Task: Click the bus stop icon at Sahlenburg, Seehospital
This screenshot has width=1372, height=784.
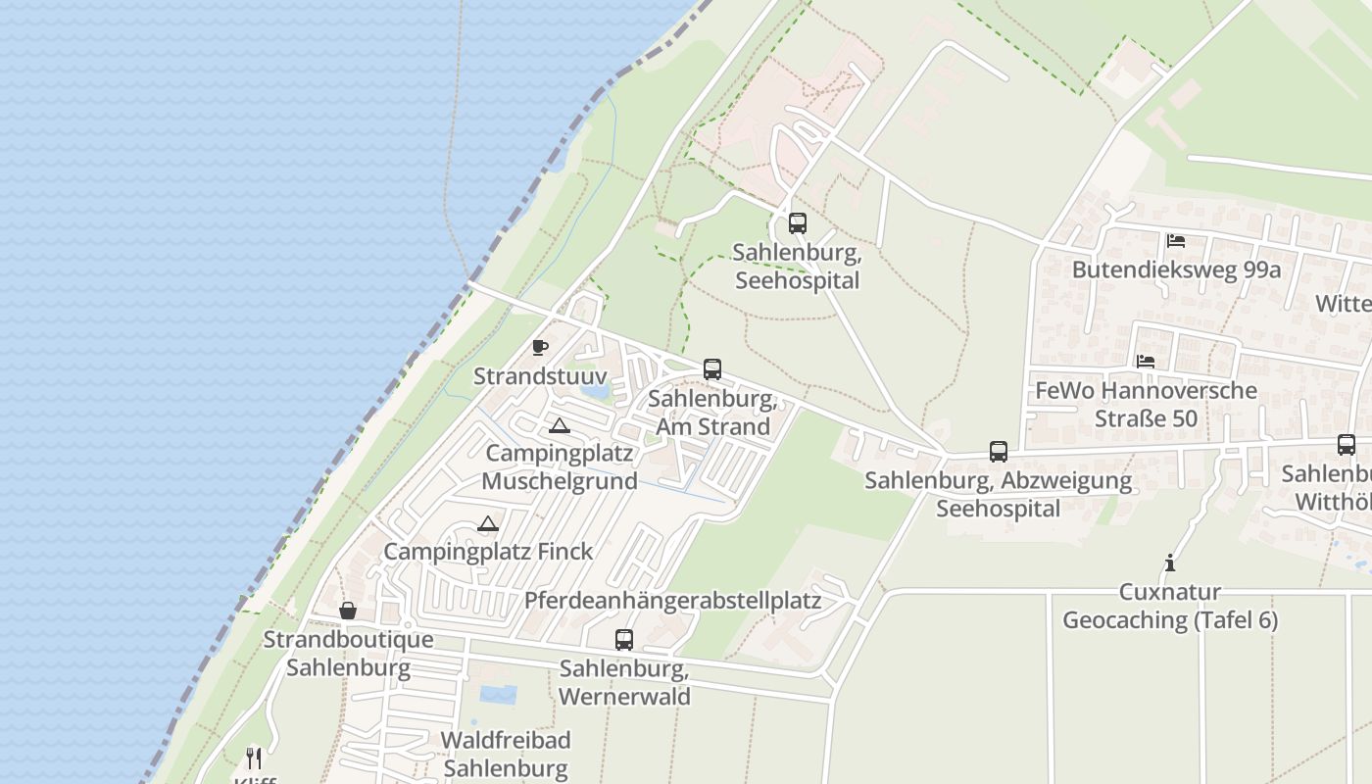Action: (798, 222)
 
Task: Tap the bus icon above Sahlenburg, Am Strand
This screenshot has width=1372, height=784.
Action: (712, 369)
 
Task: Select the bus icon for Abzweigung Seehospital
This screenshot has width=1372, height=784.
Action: (999, 452)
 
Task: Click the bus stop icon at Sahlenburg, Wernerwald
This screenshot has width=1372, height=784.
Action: (624, 640)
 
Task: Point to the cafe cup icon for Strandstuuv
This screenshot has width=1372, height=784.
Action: (539, 347)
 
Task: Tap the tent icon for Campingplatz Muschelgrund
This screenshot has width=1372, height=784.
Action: (559, 425)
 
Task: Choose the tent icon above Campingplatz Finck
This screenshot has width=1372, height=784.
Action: (488, 523)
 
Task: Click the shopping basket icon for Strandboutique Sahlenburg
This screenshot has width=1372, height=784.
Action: (348, 611)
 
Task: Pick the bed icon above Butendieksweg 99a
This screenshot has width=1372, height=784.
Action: (1176, 240)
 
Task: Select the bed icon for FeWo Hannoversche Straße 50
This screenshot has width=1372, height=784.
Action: (1145, 362)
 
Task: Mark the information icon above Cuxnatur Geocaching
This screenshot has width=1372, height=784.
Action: (1169, 563)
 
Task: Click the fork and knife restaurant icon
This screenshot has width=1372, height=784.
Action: (254, 758)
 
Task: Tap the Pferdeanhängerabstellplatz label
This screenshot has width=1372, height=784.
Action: (672, 600)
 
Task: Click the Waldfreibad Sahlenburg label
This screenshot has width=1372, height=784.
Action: (506, 754)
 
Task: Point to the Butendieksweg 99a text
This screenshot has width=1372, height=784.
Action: (1176, 269)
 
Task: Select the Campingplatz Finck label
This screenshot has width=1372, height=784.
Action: (488, 551)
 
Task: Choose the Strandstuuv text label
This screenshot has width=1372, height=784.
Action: (540, 376)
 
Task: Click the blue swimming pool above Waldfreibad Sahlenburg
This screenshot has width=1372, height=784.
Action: (498, 695)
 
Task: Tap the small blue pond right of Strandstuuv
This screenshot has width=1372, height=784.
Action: (595, 391)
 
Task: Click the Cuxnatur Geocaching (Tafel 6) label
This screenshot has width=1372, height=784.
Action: (1170, 607)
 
